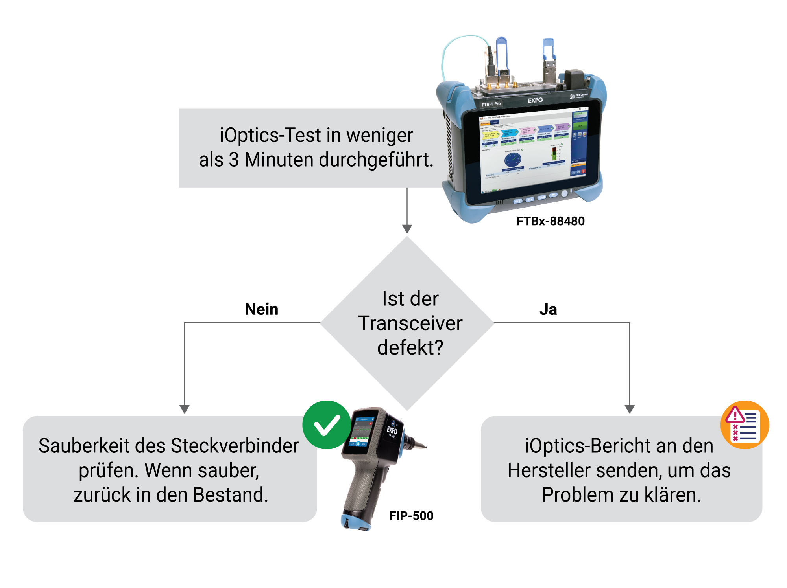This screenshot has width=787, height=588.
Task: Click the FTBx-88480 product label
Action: point(550,221)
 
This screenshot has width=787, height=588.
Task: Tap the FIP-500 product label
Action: point(411,516)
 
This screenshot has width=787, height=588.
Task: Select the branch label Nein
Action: point(261,309)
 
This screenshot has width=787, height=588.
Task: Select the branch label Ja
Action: point(548,309)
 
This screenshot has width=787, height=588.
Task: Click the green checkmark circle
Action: point(326,425)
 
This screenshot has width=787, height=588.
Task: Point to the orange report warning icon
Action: point(744,425)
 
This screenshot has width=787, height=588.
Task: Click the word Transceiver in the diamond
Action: point(410,323)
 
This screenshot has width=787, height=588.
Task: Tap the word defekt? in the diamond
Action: point(410,348)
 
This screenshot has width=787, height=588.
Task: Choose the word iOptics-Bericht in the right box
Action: point(581,446)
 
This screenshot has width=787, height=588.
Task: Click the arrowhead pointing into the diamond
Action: point(407,229)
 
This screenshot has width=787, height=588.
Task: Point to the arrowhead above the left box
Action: point(185,409)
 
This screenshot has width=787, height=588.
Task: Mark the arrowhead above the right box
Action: point(630,409)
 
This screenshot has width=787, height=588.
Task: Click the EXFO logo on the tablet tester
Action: point(535,100)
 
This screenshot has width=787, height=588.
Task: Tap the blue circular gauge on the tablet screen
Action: point(512,160)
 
